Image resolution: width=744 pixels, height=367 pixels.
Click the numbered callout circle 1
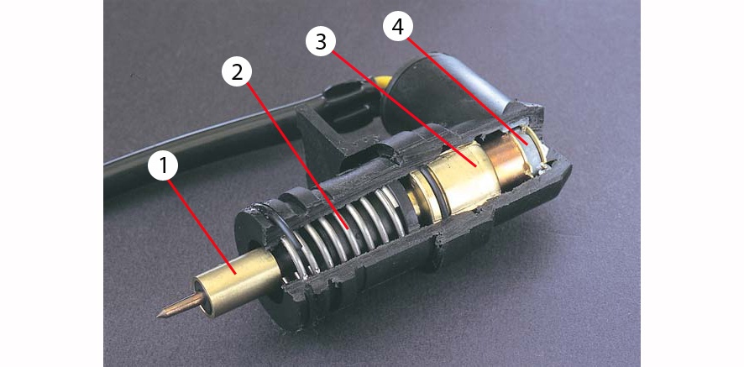tap(163, 166)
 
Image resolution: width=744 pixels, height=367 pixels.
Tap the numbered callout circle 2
tap(237, 71)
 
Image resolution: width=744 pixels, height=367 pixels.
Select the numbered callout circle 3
tap(321, 41)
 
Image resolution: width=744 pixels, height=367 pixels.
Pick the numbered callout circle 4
tap(398, 27)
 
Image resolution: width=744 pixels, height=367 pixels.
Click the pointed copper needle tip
tap(160, 314)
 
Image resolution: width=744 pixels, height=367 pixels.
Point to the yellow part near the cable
tap(384, 81)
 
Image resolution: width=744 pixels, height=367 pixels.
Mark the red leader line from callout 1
tap(202, 227)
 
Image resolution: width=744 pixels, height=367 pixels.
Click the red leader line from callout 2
tap(298, 156)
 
